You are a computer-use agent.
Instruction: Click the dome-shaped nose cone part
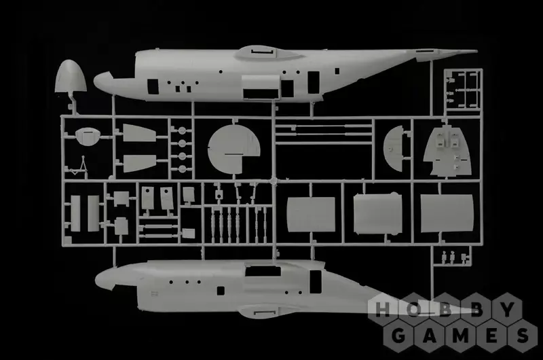click(71, 76)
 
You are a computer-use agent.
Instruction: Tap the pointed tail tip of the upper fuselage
click(477, 52)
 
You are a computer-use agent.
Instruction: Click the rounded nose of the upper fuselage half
click(100, 82)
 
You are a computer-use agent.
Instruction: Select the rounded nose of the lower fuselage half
click(102, 278)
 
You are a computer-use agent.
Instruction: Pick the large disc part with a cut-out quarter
click(233, 148)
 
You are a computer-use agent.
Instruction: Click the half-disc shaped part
click(394, 149)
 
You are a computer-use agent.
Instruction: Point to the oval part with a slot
click(88, 136)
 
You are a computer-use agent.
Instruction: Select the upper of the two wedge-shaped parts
click(139, 132)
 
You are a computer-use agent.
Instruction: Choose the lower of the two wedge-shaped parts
click(139, 163)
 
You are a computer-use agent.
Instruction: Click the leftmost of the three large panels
click(312, 215)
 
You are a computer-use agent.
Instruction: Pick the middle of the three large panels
click(378, 213)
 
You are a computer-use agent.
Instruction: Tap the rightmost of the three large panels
click(447, 213)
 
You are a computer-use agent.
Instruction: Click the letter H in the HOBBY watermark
click(382, 310)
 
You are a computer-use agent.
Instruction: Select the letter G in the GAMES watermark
click(398, 336)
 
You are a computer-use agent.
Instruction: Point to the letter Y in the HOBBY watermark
click(508, 310)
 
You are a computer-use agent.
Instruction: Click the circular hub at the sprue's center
click(274, 181)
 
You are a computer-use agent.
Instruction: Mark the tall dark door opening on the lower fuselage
click(316, 281)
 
